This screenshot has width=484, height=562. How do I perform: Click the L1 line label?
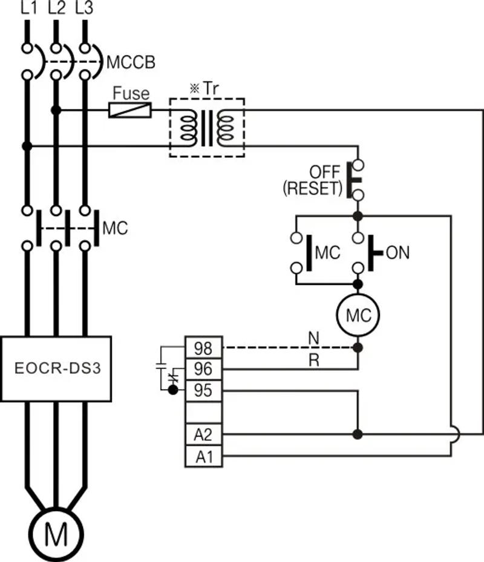coord(28,8)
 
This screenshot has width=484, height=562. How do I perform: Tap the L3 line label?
coord(84,8)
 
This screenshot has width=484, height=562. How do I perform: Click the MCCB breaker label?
coord(131,62)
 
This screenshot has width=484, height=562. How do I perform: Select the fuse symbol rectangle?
coord(130,110)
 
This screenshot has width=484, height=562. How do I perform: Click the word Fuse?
coord(131,94)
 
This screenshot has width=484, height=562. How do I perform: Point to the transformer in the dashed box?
coord(207,128)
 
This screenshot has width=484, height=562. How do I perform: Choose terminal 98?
coord(203,348)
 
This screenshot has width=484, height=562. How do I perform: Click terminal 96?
coord(203,368)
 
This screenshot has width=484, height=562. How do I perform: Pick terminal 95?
coord(203,390)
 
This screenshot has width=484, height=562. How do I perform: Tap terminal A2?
coord(203,434)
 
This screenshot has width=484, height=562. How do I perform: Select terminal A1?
coord(203,456)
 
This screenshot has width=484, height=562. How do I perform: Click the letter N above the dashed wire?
coord(313,339)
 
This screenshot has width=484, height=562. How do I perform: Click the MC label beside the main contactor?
coord(116,229)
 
